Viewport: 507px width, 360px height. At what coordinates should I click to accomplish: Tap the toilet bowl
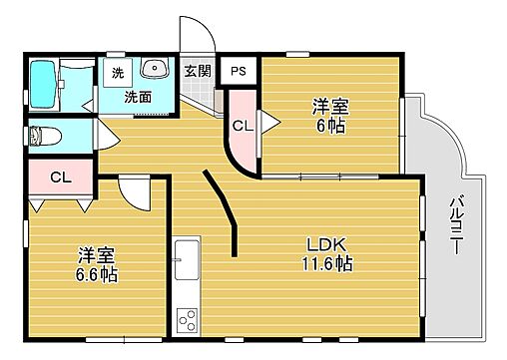click(48, 134)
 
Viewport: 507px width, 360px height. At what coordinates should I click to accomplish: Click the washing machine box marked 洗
click(118, 73)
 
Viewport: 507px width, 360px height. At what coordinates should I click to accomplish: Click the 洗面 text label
click(138, 98)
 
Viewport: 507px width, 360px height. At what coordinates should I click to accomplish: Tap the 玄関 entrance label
click(197, 70)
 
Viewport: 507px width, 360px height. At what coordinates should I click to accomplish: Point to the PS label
click(238, 70)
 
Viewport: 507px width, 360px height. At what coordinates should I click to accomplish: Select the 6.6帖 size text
click(95, 273)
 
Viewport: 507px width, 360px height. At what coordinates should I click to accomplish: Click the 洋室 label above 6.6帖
click(95, 253)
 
